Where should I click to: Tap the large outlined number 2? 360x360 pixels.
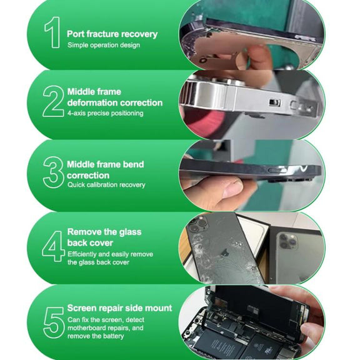(53, 101)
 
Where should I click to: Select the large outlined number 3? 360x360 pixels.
(53, 172)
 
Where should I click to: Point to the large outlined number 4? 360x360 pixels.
(53, 246)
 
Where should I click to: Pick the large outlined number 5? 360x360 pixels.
(54, 322)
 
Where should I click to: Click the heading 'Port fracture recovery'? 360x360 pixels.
(112, 34)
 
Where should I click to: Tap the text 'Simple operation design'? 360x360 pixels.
(104, 45)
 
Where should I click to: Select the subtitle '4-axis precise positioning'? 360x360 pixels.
(106, 113)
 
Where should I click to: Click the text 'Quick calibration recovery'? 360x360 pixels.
(106, 185)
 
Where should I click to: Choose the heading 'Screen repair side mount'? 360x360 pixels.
(119, 308)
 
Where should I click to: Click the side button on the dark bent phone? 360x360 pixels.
(276, 171)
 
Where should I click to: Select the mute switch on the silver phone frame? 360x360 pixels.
(275, 102)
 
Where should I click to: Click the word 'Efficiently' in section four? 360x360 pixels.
(82, 254)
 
